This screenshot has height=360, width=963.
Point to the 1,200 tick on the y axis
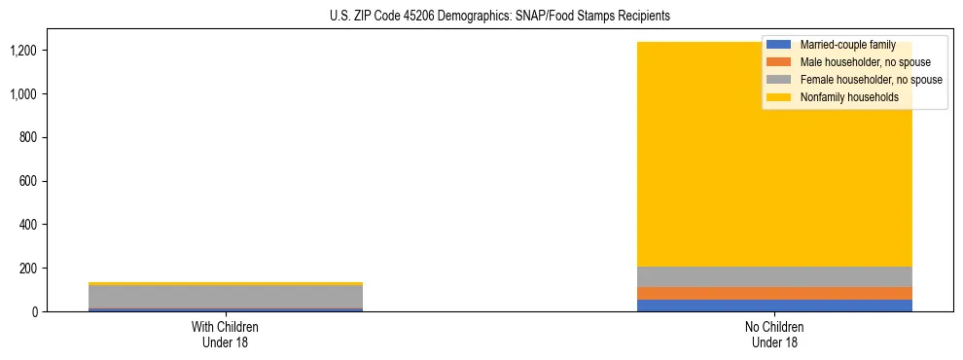pos(24,51)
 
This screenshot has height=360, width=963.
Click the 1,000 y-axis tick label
pos(24,94)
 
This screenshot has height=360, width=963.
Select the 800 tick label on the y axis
pos(29,137)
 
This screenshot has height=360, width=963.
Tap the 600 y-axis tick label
pos(29,181)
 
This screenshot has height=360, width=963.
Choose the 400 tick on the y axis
pos(29,225)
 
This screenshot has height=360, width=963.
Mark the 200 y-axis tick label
pos(29,269)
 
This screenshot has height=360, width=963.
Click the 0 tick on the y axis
pos(35,311)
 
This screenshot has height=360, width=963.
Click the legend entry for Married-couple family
pos(847,45)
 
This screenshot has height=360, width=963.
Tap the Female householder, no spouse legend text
pos(871,80)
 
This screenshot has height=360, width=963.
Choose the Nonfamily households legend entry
pos(849,97)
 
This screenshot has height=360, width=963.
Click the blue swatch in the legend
pos(779,45)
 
